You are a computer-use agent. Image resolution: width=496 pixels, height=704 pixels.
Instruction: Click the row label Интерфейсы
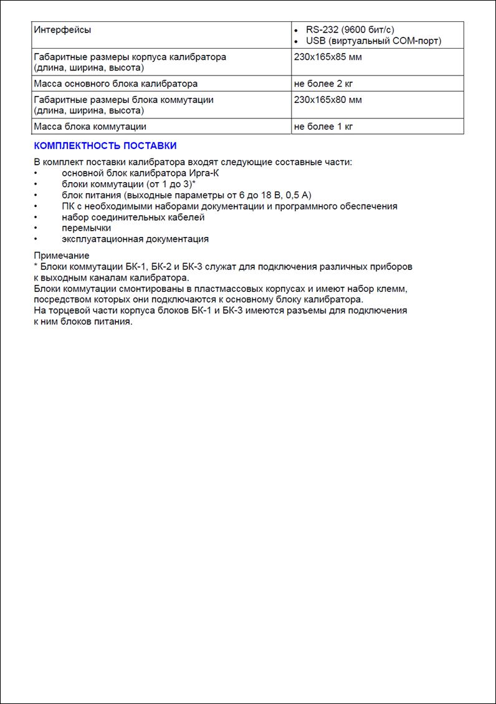coord(62,30)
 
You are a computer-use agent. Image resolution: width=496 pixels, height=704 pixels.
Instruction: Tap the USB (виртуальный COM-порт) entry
coord(373,41)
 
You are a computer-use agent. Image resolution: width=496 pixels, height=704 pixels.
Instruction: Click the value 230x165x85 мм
coord(328,57)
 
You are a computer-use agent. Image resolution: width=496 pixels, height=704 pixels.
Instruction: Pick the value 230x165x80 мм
coord(328,100)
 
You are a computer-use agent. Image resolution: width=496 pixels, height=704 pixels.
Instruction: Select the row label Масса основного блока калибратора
coord(115,84)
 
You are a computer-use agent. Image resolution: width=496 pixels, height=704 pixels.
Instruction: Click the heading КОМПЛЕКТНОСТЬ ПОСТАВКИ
coord(105,146)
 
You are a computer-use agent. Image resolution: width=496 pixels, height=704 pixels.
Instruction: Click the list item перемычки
coord(86,228)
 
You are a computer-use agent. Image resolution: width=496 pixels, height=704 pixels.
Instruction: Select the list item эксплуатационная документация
coord(135,239)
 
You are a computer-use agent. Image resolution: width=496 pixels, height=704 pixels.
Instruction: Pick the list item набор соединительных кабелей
coord(133,217)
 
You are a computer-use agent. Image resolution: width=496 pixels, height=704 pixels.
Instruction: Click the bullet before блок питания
coord(36,195)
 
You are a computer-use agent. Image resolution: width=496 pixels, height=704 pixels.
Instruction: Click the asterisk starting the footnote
coord(36,266)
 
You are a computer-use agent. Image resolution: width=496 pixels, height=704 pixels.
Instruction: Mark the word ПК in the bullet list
coord(68,206)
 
